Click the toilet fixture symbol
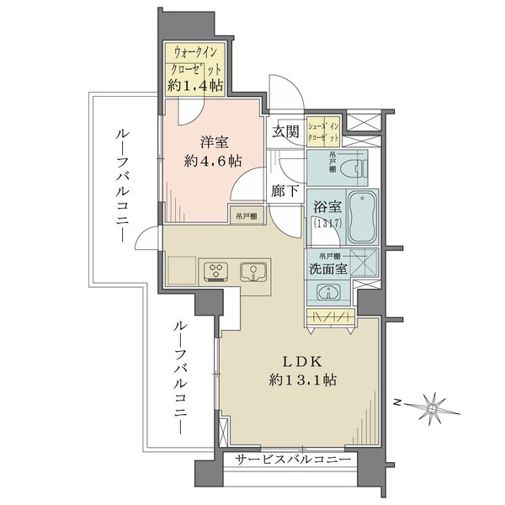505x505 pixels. click(353, 168)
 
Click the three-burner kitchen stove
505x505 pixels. click(215, 271)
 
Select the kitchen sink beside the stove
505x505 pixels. click(251, 271)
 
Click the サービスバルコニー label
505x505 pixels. click(290, 460)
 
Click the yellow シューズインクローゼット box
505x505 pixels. click(323, 131)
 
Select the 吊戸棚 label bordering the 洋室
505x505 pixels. click(247, 216)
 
